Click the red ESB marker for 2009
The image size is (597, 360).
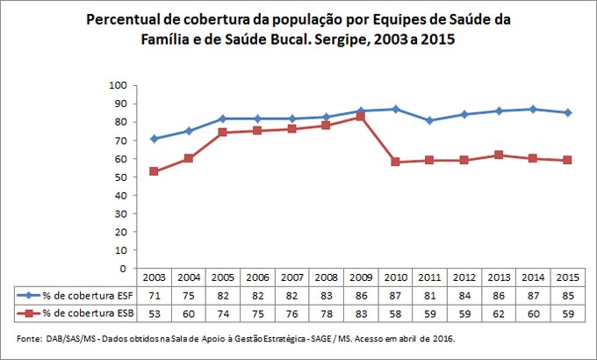[x=359, y=117]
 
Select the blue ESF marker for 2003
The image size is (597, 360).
[x=155, y=139]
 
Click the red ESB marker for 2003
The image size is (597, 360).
[x=155, y=171]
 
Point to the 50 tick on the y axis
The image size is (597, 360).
[x=121, y=176]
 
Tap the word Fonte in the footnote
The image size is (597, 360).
[x=29, y=338]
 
